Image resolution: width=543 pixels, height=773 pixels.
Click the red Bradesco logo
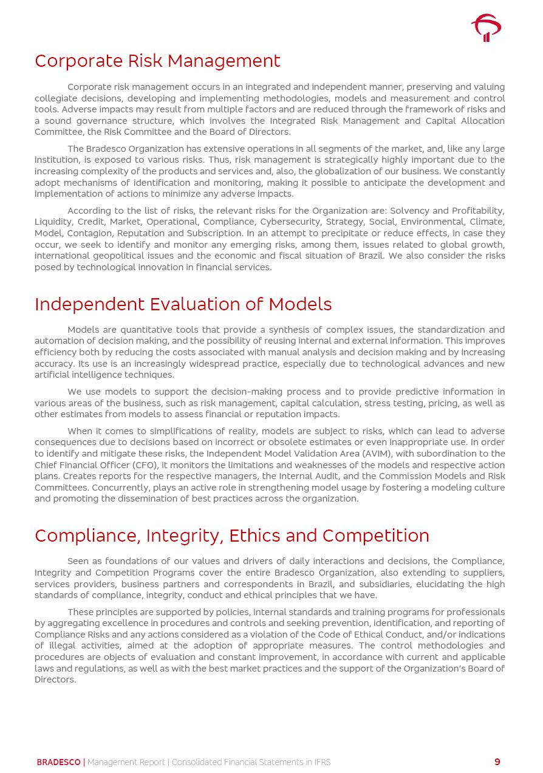click(486, 28)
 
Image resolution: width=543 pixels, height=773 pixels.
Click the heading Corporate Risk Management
click(157, 61)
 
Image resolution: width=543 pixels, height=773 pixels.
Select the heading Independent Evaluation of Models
click(183, 304)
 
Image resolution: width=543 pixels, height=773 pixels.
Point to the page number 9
click(497, 762)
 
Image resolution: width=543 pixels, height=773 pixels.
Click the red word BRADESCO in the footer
click(58, 762)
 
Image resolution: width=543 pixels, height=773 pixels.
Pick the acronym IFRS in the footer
click(322, 762)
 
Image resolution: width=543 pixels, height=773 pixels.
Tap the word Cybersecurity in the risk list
click(287, 222)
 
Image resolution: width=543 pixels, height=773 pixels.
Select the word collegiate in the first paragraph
click(57, 98)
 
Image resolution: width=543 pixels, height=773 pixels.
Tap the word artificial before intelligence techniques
click(53, 375)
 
